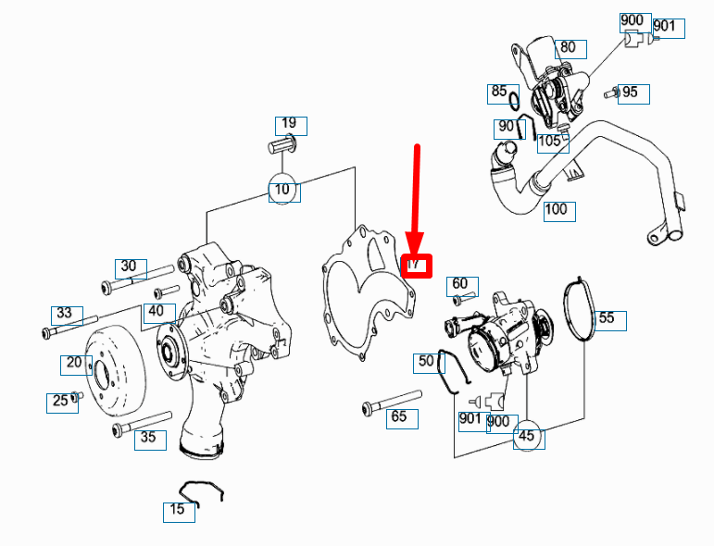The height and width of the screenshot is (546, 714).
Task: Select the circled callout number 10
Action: (284, 190)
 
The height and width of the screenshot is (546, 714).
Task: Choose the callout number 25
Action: (61, 402)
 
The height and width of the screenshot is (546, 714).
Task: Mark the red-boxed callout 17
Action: (416, 265)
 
